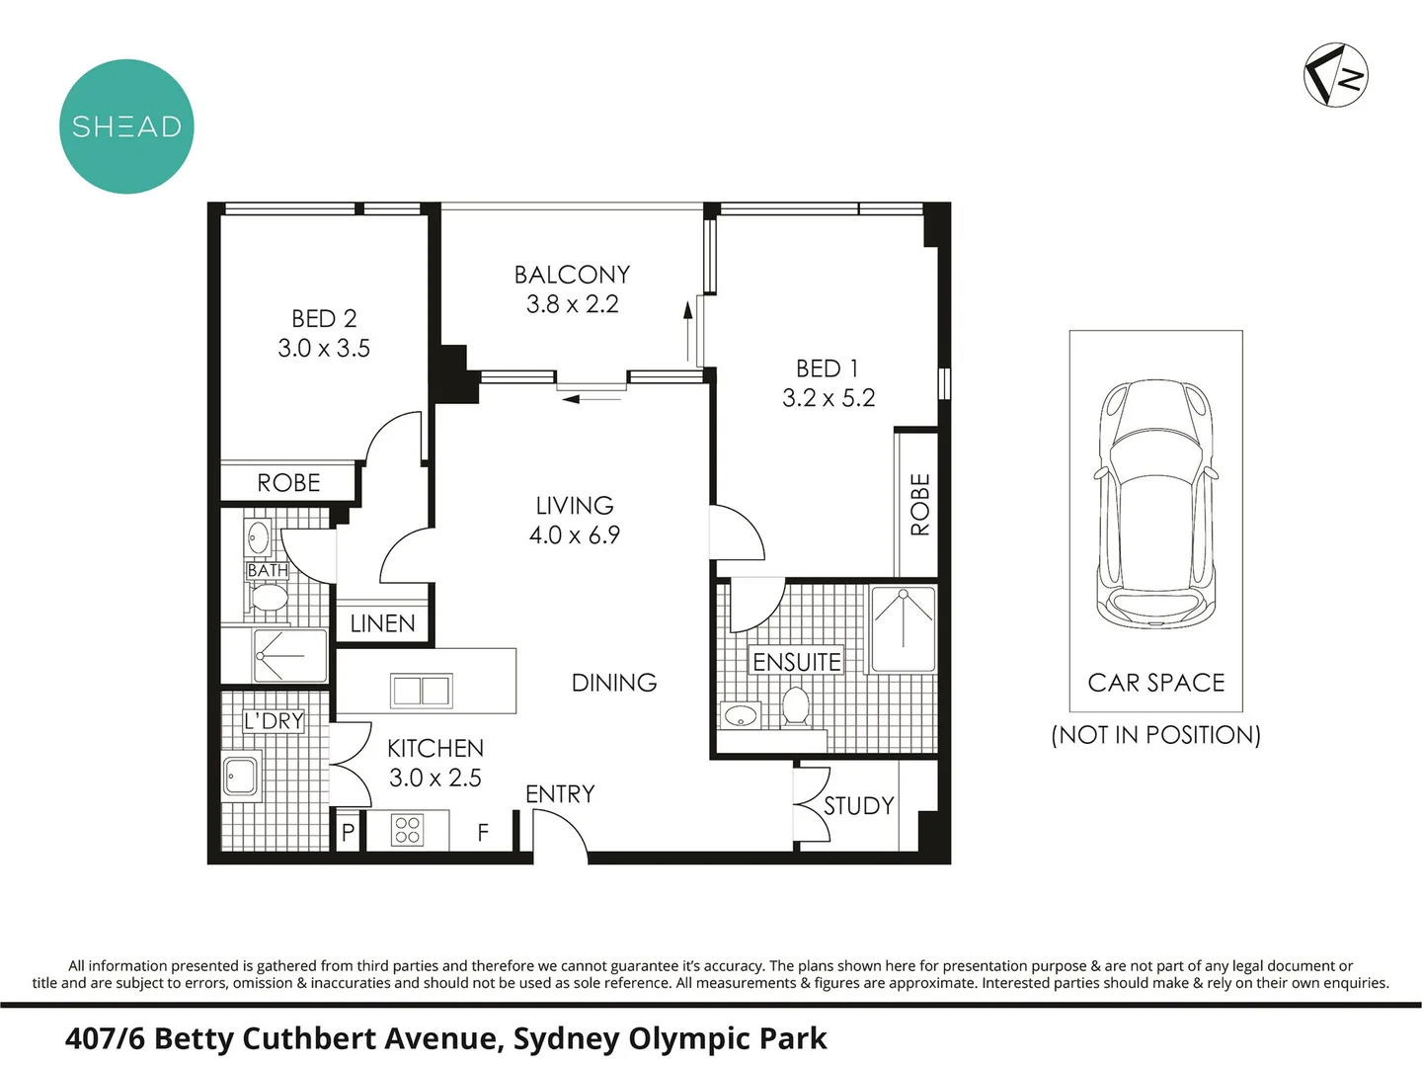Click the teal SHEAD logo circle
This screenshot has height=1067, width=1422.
click(x=126, y=126)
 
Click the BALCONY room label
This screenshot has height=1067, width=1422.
click(x=572, y=275)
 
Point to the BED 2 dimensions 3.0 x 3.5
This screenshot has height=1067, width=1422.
click(x=324, y=349)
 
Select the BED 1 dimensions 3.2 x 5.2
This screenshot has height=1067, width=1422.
click(x=829, y=398)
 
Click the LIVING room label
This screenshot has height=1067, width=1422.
click(x=575, y=505)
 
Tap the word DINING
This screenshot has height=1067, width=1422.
click(x=614, y=682)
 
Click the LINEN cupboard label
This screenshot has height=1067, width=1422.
click(x=382, y=623)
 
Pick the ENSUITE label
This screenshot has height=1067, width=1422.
click(x=797, y=662)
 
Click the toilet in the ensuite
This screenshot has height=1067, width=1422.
click(x=796, y=706)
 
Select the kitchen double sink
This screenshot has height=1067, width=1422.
click(x=421, y=691)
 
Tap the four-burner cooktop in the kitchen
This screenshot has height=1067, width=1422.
click(x=408, y=830)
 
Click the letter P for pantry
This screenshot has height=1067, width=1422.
click(x=348, y=833)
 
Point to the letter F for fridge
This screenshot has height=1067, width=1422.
click(x=483, y=833)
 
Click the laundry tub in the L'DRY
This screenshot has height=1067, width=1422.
click(x=242, y=777)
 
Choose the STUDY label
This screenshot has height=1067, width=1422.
click(x=858, y=806)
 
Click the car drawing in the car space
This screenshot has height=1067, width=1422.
click(x=1156, y=503)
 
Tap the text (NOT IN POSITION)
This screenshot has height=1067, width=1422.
click(x=1155, y=735)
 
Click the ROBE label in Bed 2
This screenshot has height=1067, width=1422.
click(x=288, y=483)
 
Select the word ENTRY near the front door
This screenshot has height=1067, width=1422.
click(x=560, y=794)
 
